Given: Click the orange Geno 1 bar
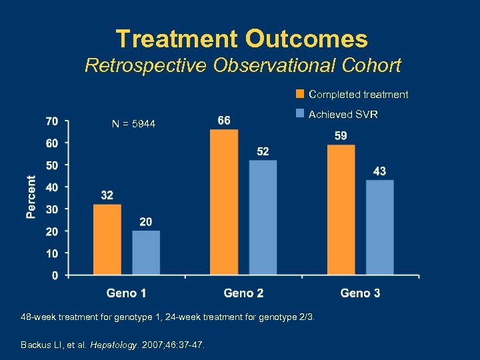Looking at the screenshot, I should click(x=107, y=239).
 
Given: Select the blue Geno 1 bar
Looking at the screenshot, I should click(x=146, y=253).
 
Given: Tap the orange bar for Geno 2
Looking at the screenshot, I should click(x=224, y=202).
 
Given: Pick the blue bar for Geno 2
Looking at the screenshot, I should click(x=263, y=217).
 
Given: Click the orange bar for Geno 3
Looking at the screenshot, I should click(x=341, y=209).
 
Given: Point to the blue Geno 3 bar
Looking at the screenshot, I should click(x=379, y=227).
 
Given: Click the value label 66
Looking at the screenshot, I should click(x=225, y=120).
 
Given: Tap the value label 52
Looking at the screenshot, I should click(x=263, y=152).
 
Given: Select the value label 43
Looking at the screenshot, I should click(x=379, y=171).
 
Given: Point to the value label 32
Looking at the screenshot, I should click(x=107, y=195).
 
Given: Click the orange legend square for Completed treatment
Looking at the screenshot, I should click(x=300, y=94).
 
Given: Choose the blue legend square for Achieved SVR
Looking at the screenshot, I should click(x=300, y=114).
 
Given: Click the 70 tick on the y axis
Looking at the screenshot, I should click(x=51, y=121).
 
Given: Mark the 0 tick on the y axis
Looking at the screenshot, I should click(x=55, y=275).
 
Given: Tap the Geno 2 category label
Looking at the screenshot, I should click(x=243, y=293).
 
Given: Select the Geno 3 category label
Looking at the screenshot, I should click(x=360, y=293).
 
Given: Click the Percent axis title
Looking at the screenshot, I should click(x=31, y=197).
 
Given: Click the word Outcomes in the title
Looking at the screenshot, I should click(x=306, y=39).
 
